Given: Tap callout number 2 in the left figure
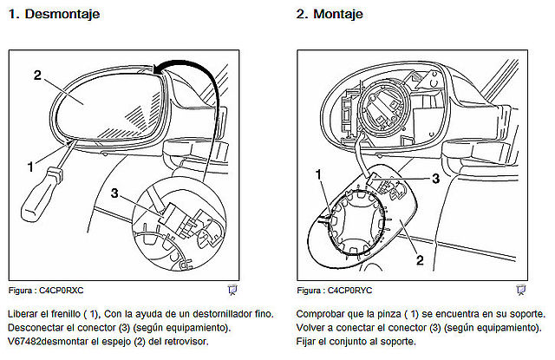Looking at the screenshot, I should coord(37,75).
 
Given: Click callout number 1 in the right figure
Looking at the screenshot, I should coord(318,174).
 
